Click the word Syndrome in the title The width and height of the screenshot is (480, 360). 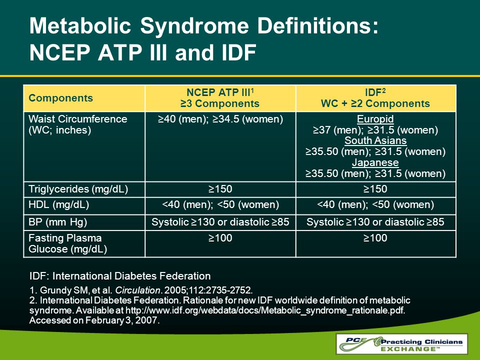coord(194,25)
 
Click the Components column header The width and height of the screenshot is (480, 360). coord(60,98)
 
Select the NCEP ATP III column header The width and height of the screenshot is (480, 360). coord(220,98)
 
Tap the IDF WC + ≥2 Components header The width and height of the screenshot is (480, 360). coord(375,98)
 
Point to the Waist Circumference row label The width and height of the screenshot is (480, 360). coord(78,124)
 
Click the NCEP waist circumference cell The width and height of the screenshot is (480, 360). coord(220,119)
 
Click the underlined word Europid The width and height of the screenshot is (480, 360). coord(375,119)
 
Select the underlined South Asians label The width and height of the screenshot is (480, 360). coord(375,140)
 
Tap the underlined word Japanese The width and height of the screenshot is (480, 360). coord(375,162)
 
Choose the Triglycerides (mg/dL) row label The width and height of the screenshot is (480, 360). coord(78,189)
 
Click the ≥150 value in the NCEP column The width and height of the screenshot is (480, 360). coord(220,189)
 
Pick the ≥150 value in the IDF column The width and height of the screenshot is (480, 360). coord(375,189)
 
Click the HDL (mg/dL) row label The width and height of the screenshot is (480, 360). coord(59,204)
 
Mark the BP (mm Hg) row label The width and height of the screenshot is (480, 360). coord(58,222)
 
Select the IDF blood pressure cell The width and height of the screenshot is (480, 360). coord(375,222)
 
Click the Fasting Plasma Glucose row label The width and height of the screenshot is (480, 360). coord(67,243)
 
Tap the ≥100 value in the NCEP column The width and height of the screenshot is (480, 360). coord(220,238)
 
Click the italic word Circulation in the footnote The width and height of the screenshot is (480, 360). coord(137,290)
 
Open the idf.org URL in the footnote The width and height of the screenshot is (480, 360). coord(265,310)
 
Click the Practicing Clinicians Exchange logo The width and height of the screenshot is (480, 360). coord(401,344)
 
